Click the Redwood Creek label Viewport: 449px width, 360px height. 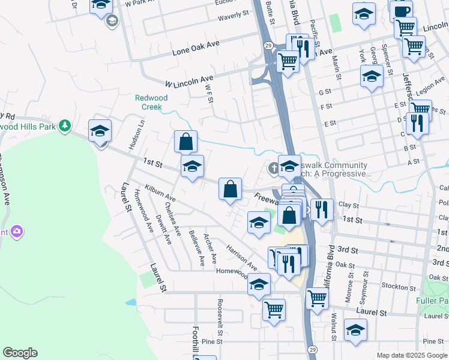point(151,102)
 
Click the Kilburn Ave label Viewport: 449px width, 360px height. point(160,193)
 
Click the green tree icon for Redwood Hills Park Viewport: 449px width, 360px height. point(64,126)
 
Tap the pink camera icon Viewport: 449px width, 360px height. point(16,231)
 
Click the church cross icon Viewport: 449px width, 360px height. point(273,168)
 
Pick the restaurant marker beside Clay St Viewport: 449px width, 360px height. point(322,209)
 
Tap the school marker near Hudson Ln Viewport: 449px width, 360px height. point(100,131)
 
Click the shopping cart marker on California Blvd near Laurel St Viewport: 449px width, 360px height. point(317,297)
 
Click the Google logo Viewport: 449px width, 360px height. point(20,353)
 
